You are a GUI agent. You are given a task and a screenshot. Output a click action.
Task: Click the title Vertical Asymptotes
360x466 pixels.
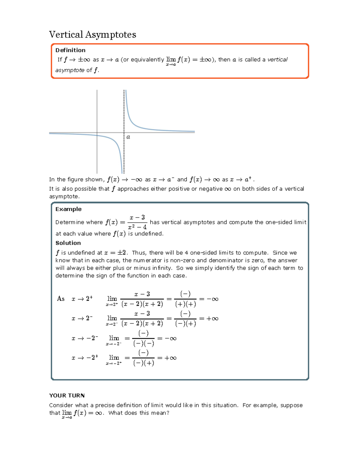click(92, 35)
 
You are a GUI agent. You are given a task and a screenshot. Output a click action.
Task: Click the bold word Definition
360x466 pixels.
click(70, 50)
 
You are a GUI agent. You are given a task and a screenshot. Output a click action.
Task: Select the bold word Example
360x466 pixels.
click(68, 209)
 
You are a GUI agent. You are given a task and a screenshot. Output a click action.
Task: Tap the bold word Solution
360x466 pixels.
click(68, 243)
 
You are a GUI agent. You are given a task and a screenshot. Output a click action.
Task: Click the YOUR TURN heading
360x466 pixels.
click(67, 395)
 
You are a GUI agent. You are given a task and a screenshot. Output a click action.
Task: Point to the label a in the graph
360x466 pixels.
click(128, 137)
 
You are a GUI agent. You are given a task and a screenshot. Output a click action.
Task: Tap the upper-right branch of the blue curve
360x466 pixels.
click(141, 126)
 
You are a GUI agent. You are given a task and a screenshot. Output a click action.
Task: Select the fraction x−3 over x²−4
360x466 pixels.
click(137, 222)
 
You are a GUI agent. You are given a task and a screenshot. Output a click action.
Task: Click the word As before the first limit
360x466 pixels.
click(61, 299)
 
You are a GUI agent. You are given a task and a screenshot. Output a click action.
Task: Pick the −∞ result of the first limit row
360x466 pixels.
click(212, 299)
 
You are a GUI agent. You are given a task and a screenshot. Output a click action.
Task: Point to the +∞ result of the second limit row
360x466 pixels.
click(212, 319)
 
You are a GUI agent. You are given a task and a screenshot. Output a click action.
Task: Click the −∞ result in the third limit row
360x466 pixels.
click(170, 338)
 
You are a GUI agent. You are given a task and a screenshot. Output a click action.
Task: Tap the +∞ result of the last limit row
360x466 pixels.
click(170, 358)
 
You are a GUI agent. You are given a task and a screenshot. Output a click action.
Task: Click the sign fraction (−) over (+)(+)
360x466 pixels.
click(185, 299)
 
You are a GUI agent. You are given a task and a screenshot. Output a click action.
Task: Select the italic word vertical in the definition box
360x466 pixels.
click(277, 59)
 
